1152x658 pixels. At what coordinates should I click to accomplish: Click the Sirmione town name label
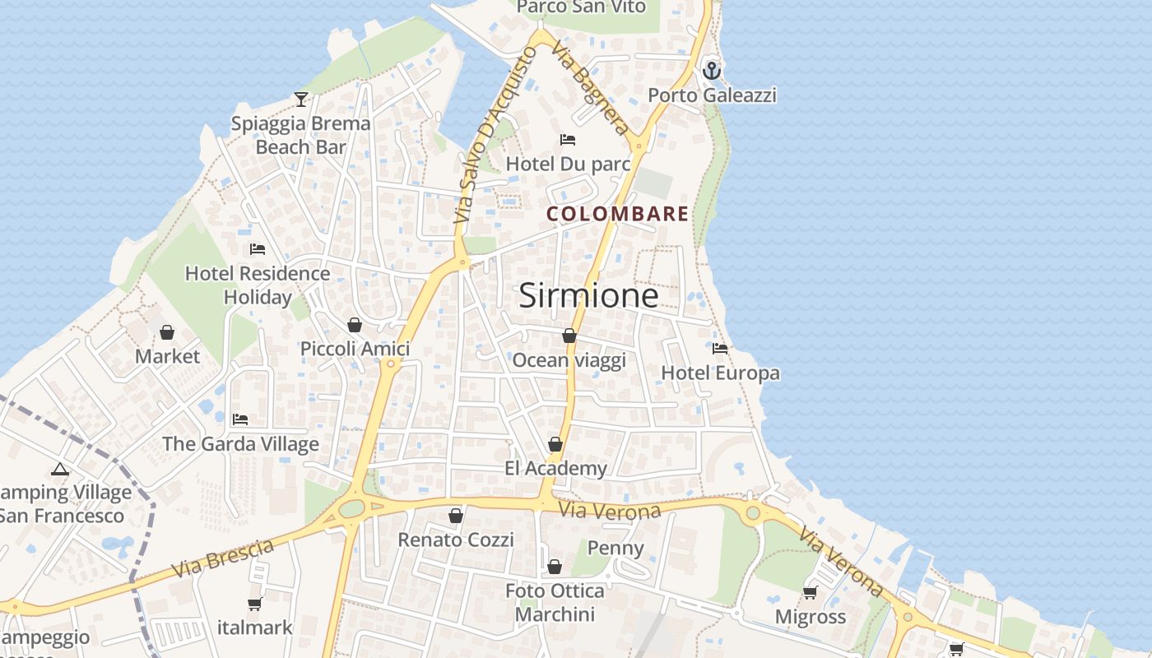point(588,295)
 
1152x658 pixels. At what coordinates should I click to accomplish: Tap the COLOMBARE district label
point(618,214)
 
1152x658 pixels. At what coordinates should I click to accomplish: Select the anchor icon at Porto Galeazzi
point(712,71)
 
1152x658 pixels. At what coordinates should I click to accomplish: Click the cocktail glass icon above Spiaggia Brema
point(301,100)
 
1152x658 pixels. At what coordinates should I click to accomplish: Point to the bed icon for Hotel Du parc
point(568,139)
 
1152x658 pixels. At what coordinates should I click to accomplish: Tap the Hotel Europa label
point(720,373)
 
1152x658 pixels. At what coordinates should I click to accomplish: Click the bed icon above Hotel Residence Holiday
point(258,248)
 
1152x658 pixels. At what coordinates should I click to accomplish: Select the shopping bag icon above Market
point(167,332)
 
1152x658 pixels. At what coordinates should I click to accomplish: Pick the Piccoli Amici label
point(355,349)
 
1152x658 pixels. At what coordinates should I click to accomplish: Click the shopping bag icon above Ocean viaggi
point(569,336)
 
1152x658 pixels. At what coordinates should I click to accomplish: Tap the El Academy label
point(555,469)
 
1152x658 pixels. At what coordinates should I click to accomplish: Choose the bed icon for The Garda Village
point(240,419)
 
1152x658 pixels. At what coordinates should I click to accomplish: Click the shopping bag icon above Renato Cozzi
point(456,516)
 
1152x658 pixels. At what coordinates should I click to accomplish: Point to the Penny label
point(615,548)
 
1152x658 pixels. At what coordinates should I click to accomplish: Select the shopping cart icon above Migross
point(810,592)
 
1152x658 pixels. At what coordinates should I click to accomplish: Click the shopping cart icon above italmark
point(255,604)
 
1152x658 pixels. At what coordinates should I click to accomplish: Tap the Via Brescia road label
point(222,558)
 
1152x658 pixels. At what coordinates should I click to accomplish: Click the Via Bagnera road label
point(591,88)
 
